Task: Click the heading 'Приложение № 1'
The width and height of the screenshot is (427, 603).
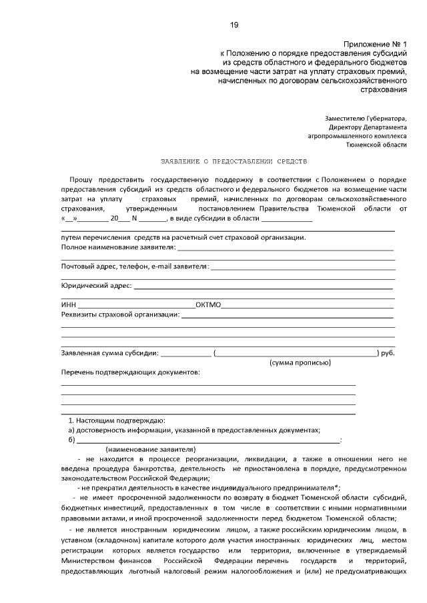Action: point(376,41)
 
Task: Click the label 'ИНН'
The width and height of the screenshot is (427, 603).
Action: point(68,305)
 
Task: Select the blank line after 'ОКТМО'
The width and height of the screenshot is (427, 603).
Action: point(307,306)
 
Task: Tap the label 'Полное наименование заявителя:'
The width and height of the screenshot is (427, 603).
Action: point(118,247)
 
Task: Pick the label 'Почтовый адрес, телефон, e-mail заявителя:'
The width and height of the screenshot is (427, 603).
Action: point(134,267)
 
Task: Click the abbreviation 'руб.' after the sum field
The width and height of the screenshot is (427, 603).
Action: point(388,352)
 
